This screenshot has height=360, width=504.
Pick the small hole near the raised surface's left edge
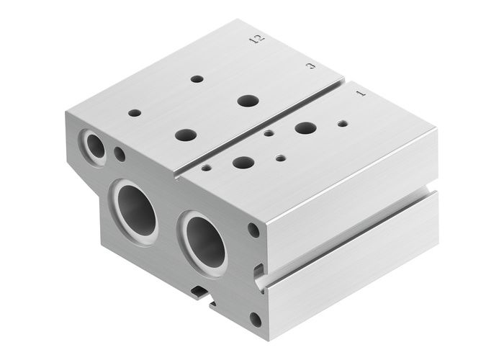[134, 113]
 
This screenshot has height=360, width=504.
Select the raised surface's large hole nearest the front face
[185, 135]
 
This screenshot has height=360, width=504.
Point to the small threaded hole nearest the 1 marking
[342, 123]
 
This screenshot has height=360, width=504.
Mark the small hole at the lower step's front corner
[207, 168]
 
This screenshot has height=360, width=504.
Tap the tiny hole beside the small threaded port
[120, 153]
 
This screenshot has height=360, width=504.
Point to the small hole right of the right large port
[253, 231]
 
